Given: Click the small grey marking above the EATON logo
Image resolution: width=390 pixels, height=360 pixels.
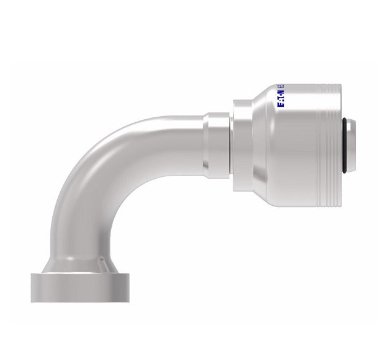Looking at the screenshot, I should [x=281, y=87].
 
